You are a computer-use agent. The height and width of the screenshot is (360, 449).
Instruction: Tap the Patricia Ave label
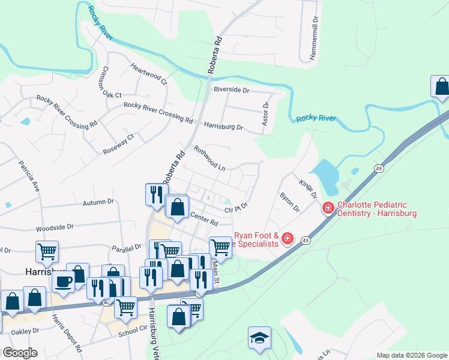click(29, 175)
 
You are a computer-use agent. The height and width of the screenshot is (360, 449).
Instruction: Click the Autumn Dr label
click(98, 203)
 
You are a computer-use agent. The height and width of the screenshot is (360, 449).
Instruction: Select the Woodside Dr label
click(54, 228)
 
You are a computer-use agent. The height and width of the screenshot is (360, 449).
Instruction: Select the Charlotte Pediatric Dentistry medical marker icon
click(328, 208)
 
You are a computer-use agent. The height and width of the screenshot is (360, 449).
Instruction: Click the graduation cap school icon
click(259, 338)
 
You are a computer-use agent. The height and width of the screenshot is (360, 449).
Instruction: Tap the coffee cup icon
click(64, 280)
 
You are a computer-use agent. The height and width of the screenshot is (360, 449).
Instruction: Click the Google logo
click(20, 353)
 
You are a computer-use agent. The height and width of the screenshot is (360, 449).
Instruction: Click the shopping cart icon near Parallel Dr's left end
click(47, 251)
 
